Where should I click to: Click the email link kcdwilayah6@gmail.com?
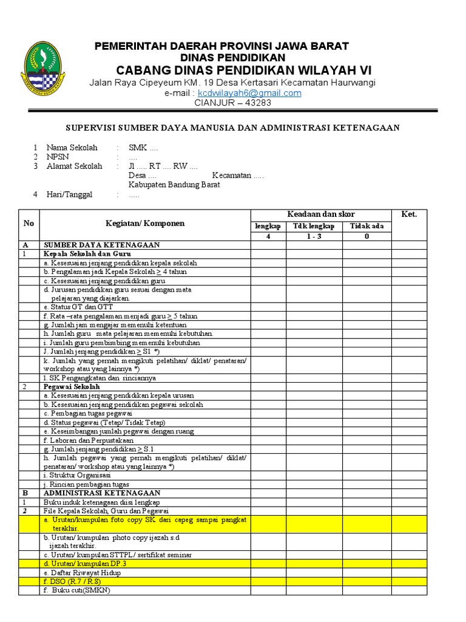click(249, 93)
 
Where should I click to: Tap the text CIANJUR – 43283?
click(232, 103)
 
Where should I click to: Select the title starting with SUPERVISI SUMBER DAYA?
click(232, 128)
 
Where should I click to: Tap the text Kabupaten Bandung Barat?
click(174, 185)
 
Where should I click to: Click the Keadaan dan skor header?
click(320, 214)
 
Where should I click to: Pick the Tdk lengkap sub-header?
click(314, 226)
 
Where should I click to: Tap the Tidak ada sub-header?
click(366, 226)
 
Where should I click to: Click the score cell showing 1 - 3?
click(314, 236)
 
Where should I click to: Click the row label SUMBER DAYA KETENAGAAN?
click(101, 245)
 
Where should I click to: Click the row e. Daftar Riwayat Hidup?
click(82, 573)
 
